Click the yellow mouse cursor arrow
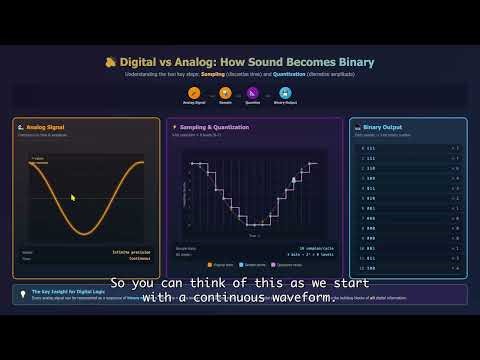pos(72,197)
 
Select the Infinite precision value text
pos(133,252)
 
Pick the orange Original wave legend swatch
pos(207,265)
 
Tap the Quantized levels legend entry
pos(289,265)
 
